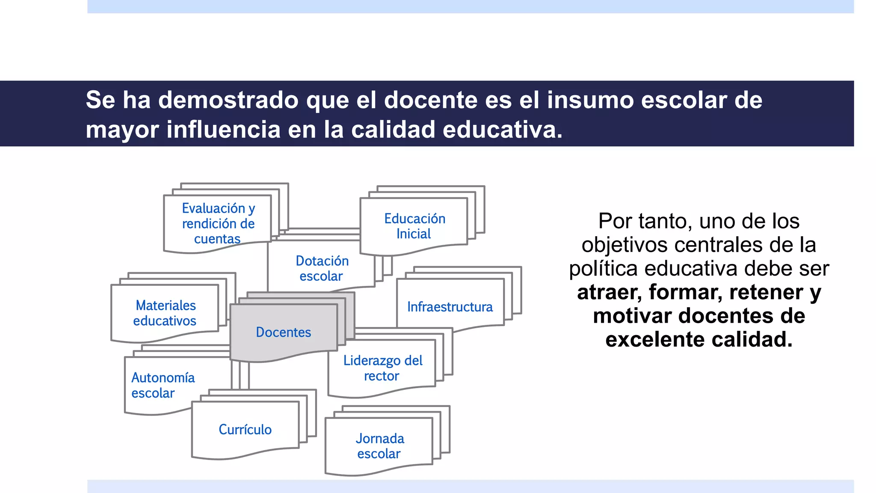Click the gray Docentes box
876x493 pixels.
tap(284, 332)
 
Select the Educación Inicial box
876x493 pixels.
tap(414, 226)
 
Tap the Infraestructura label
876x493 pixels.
tap(450, 307)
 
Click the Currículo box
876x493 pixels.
tap(245, 429)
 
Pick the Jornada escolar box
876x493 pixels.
tap(379, 446)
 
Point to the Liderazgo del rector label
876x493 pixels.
tap(382, 368)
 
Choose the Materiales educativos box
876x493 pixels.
tap(165, 313)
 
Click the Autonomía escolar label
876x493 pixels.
tap(163, 385)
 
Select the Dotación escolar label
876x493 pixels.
tap(322, 268)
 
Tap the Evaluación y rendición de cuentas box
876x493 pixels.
tap(218, 223)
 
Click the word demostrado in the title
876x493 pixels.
tap(228, 100)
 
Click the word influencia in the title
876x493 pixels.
tap(223, 130)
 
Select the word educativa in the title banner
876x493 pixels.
tap(502, 130)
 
